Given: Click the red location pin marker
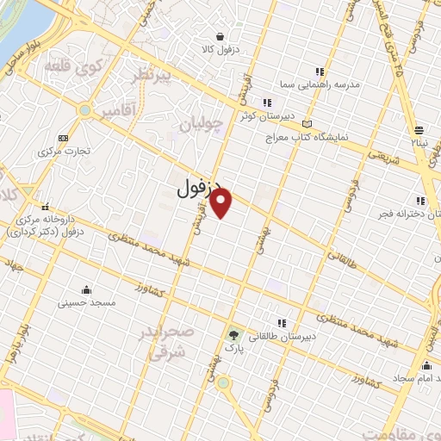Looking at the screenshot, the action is (222, 203).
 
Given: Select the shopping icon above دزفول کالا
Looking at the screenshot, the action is (221, 37).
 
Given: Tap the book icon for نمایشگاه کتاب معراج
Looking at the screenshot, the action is (307, 126).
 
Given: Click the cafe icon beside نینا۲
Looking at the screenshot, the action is (418, 128).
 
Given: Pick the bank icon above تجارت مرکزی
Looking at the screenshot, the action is (62, 138).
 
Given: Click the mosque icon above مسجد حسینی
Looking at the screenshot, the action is (85, 289).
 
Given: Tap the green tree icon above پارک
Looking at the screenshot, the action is (234, 333).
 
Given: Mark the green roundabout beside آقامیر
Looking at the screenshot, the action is (84, 110).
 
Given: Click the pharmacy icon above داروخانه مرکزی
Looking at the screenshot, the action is (44, 207).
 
